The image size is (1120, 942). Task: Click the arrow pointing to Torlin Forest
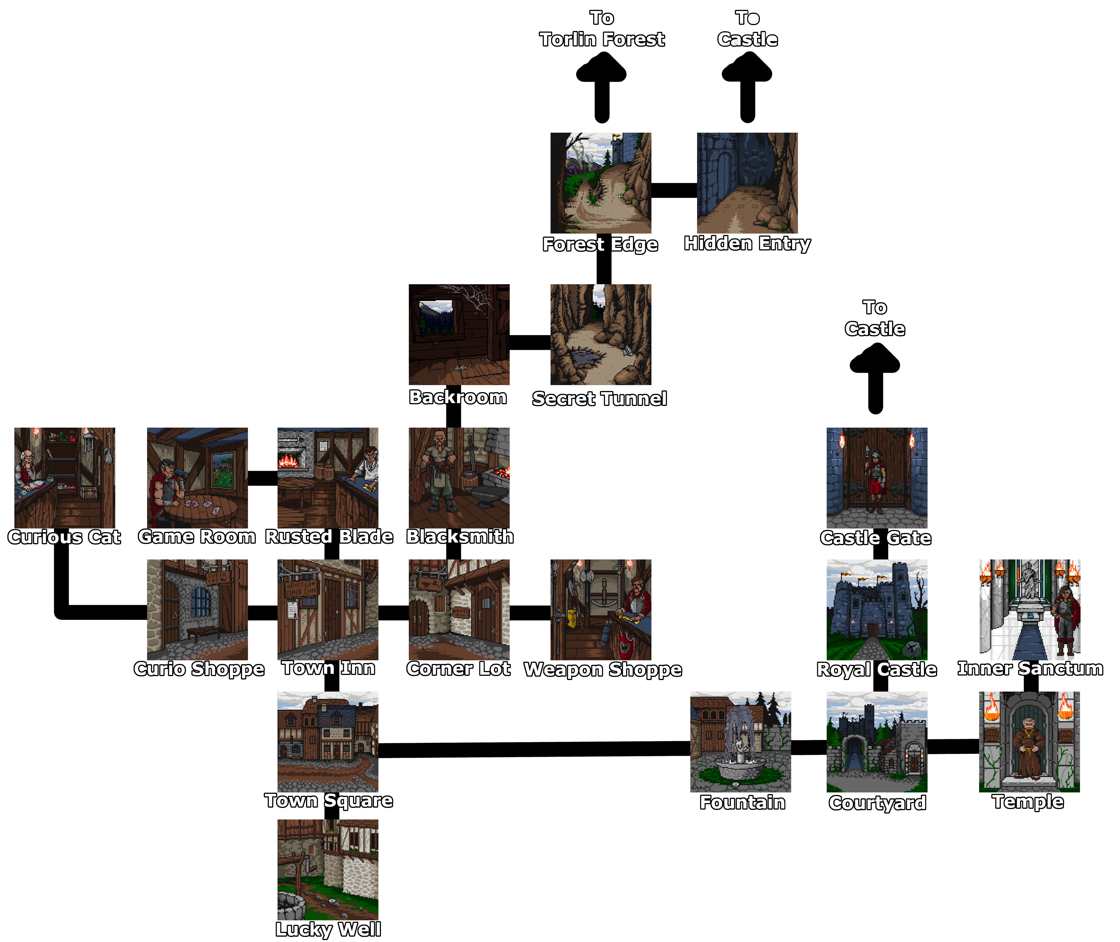click(x=601, y=88)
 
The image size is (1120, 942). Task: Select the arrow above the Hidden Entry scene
click(x=747, y=88)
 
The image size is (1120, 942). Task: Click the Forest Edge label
click(x=600, y=245)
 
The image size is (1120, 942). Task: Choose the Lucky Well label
click(x=328, y=930)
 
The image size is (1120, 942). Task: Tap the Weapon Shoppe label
click(x=602, y=670)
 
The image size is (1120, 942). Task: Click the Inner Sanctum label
click(x=1030, y=668)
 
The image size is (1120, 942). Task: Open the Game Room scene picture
click(x=197, y=477)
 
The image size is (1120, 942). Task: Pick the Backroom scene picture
click(x=459, y=334)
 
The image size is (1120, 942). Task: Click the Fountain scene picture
click(x=740, y=742)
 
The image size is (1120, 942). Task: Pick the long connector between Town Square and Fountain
click(x=534, y=749)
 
